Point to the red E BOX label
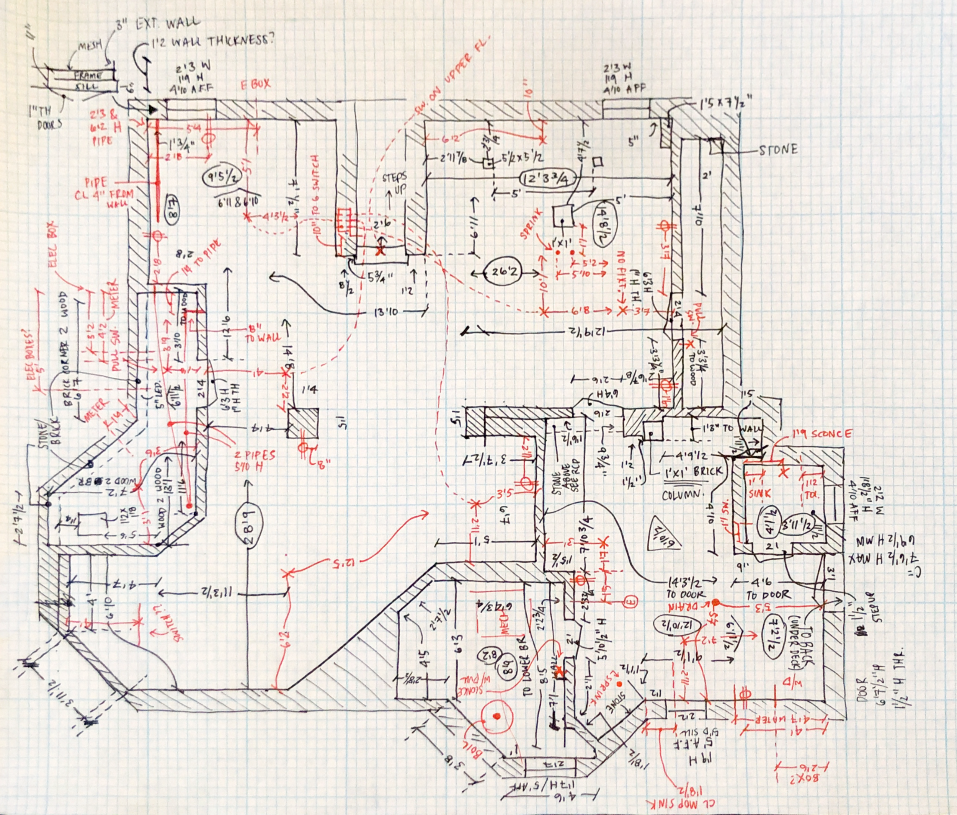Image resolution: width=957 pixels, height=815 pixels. pos(255,85)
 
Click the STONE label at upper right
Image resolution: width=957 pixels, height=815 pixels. pos(778,150)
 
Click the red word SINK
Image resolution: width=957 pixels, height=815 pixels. pos(759,493)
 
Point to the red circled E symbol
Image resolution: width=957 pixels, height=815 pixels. pos(630,602)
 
